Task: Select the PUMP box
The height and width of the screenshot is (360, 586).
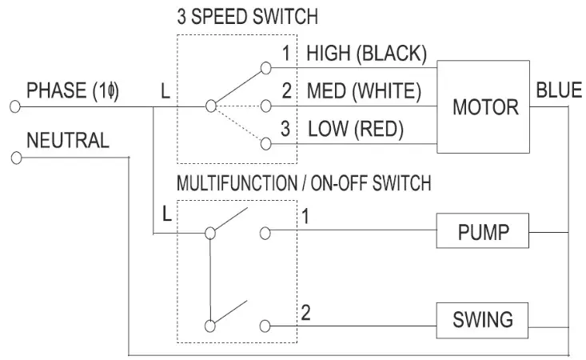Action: (x=482, y=234)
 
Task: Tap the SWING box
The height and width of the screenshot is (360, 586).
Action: (x=482, y=321)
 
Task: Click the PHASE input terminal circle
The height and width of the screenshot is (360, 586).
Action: (x=14, y=106)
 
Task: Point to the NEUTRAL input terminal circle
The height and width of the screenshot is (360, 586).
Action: (x=14, y=158)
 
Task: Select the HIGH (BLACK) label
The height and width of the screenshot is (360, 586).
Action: (x=366, y=54)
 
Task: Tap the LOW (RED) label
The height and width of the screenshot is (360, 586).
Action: (x=356, y=128)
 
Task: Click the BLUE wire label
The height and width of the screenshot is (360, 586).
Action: (x=559, y=90)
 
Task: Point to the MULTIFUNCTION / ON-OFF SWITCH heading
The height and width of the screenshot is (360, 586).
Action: (x=304, y=183)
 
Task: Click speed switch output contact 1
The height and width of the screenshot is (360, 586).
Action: (x=265, y=68)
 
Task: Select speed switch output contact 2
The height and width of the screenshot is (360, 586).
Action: (x=265, y=106)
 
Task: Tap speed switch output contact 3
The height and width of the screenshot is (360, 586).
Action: (x=265, y=143)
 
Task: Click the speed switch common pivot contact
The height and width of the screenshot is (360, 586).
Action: (x=210, y=106)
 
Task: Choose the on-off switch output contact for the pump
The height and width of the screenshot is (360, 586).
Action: (x=265, y=234)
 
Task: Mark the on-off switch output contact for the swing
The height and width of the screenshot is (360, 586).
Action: (x=265, y=326)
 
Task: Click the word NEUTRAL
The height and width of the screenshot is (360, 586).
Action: (x=68, y=142)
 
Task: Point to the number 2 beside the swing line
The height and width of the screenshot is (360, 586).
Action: (x=305, y=311)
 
